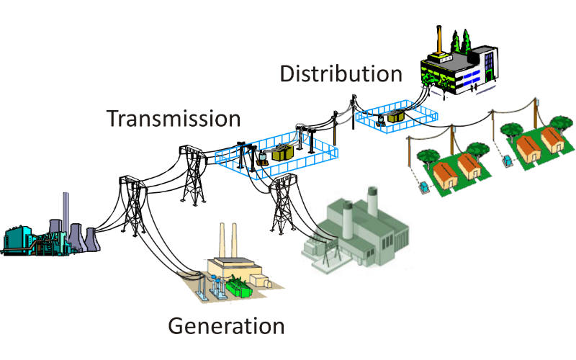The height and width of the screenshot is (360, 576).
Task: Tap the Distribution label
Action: click(x=341, y=73)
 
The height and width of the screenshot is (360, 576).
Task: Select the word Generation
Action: click(x=226, y=325)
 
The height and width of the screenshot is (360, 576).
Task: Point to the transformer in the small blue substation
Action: click(x=395, y=116)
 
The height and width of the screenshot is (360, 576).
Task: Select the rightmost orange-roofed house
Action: click(x=552, y=140)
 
